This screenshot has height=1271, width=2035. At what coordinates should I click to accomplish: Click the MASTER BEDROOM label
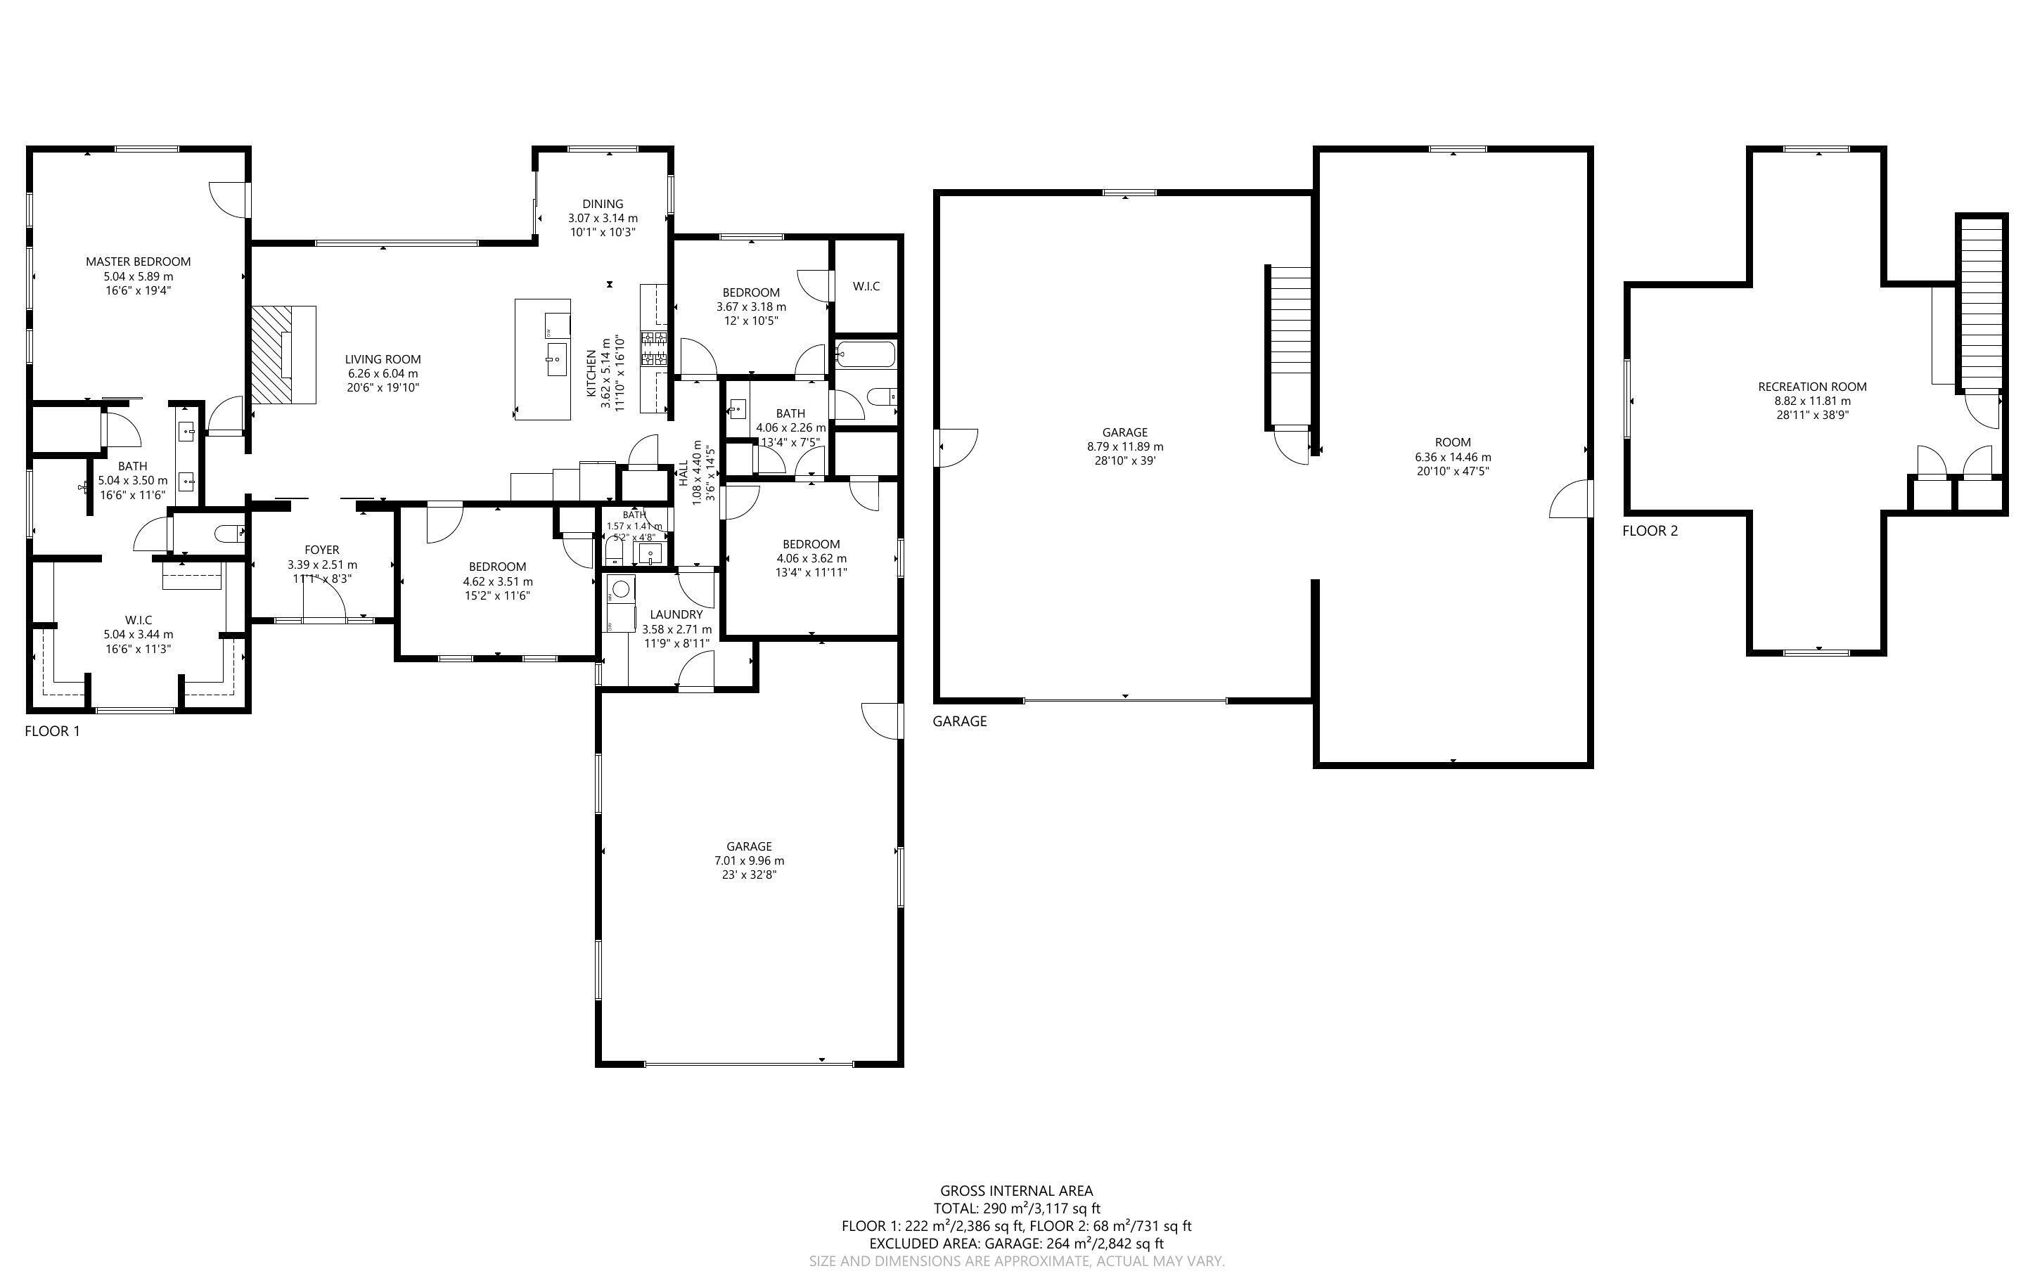click(x=138, y=262)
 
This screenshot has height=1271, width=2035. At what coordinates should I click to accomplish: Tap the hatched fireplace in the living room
click(x=271, y=355)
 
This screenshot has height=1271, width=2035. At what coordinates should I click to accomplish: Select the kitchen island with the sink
click(x=543, y=359)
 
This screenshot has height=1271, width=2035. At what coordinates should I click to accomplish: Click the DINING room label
click(x=603, y=203)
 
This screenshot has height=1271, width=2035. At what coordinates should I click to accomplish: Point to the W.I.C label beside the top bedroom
click(x=866, y=286)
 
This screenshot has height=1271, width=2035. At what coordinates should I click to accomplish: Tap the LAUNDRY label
click(x=676, y=614)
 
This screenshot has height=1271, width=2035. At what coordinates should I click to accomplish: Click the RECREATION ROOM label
click(x=1812, y=387)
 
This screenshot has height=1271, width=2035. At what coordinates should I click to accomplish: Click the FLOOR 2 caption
click(x=1649, y=531)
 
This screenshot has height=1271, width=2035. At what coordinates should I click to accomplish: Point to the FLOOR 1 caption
click(x=52, y=730)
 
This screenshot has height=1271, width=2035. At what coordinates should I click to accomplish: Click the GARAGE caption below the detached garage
click(x=959, y=721)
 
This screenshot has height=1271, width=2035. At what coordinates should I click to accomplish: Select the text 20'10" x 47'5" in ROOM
click(x=1453, y=472)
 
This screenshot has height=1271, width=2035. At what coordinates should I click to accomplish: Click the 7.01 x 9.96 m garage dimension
click(x=749, y=860)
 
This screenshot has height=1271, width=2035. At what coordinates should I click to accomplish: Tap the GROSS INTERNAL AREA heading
click(x=1016, y=1190)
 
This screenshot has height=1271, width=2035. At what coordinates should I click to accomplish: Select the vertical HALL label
click(x=683, y=472)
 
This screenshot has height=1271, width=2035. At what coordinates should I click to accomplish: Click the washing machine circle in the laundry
click(x=620, y=588)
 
